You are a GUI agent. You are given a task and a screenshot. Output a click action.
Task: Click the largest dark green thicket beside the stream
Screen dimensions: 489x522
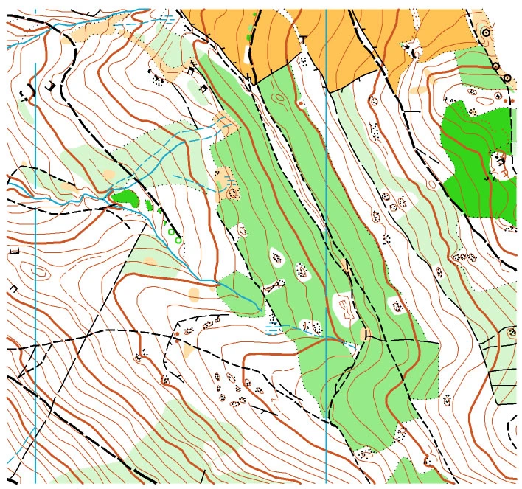coord(127,197)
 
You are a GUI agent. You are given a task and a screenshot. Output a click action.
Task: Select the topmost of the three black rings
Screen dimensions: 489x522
coord(485,32)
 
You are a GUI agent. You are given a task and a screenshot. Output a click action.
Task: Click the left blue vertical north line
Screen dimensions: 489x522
coord(35,295)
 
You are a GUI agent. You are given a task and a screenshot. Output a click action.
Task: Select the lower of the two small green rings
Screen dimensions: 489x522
coord(178,239)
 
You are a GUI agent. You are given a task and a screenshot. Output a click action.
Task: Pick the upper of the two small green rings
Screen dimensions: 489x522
coord(171,232)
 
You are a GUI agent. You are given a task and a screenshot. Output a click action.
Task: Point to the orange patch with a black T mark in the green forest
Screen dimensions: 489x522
coord(221,179)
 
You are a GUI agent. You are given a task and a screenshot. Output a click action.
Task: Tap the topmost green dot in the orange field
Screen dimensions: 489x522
coord(255,14)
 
